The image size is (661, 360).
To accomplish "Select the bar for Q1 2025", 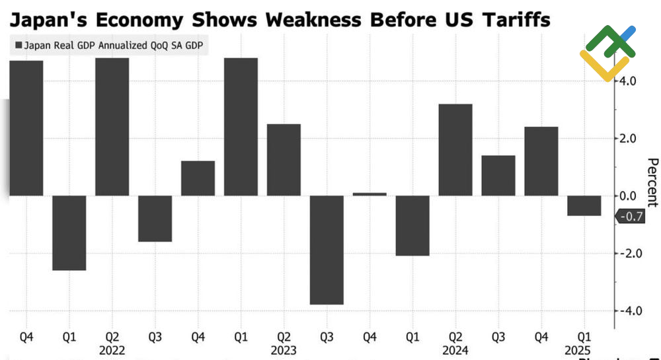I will tap(584, 205).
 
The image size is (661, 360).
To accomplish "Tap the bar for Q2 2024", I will tap(455, 150).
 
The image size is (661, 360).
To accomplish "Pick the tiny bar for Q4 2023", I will tap(369, 194).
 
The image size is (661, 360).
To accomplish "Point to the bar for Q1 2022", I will tap(69, 233).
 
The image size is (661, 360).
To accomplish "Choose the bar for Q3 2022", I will tap(155, 219).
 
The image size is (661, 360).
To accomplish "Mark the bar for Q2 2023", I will tap(284, 160).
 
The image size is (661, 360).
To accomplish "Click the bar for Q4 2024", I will tap(541, 161).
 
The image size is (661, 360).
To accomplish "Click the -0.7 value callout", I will tap(635, 216).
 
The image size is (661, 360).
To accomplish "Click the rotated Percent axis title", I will tap(652, 183).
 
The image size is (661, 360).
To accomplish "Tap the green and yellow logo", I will tap(607, 53).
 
